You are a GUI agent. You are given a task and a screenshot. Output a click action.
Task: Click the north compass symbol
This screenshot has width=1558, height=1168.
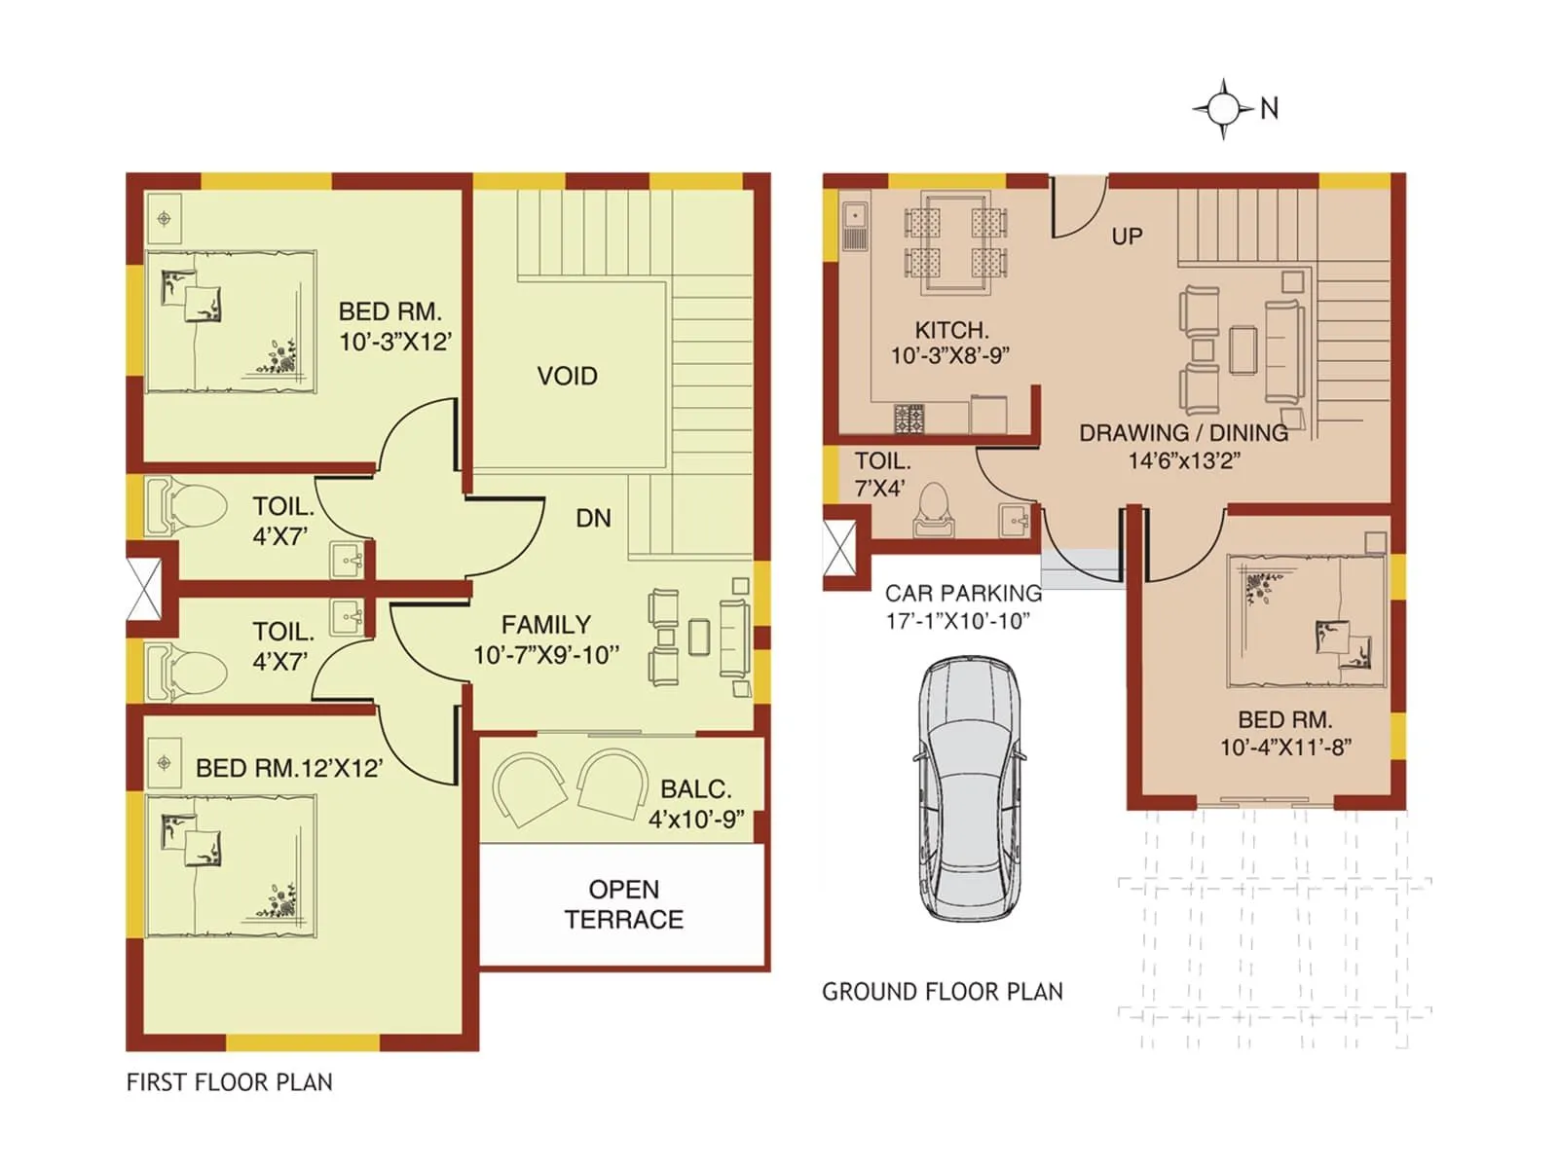1224,108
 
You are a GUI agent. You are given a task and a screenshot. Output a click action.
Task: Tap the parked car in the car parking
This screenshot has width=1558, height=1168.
969,788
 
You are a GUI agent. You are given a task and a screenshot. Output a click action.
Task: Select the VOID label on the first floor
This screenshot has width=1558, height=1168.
567,376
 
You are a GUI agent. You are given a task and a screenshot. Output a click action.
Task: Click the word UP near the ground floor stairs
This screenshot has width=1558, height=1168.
1127,237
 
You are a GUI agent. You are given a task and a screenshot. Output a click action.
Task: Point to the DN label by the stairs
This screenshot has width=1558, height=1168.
593,518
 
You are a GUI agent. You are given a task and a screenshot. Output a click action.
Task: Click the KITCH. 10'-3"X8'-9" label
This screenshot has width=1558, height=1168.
950,343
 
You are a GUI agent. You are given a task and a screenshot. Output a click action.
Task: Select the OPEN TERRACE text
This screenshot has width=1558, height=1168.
623,904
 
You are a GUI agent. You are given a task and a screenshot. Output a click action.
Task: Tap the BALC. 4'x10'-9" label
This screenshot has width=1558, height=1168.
695,804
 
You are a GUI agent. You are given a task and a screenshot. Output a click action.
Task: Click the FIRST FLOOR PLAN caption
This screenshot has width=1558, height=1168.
229,1082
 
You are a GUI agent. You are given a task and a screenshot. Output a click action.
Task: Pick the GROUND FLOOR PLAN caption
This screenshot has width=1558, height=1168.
942,992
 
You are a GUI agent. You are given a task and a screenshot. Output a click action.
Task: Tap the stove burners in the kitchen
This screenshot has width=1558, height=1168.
909,419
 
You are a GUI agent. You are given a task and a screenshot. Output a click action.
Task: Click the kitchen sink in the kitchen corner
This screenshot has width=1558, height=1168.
855,226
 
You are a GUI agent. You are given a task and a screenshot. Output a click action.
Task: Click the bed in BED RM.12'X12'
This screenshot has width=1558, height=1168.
231,866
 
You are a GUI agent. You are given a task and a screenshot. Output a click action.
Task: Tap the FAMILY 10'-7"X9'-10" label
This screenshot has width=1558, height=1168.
545,639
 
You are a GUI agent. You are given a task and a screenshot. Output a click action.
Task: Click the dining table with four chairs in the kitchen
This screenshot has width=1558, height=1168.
955,243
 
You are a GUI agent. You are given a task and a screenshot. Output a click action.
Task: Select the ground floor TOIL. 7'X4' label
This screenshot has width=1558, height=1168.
881,474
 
